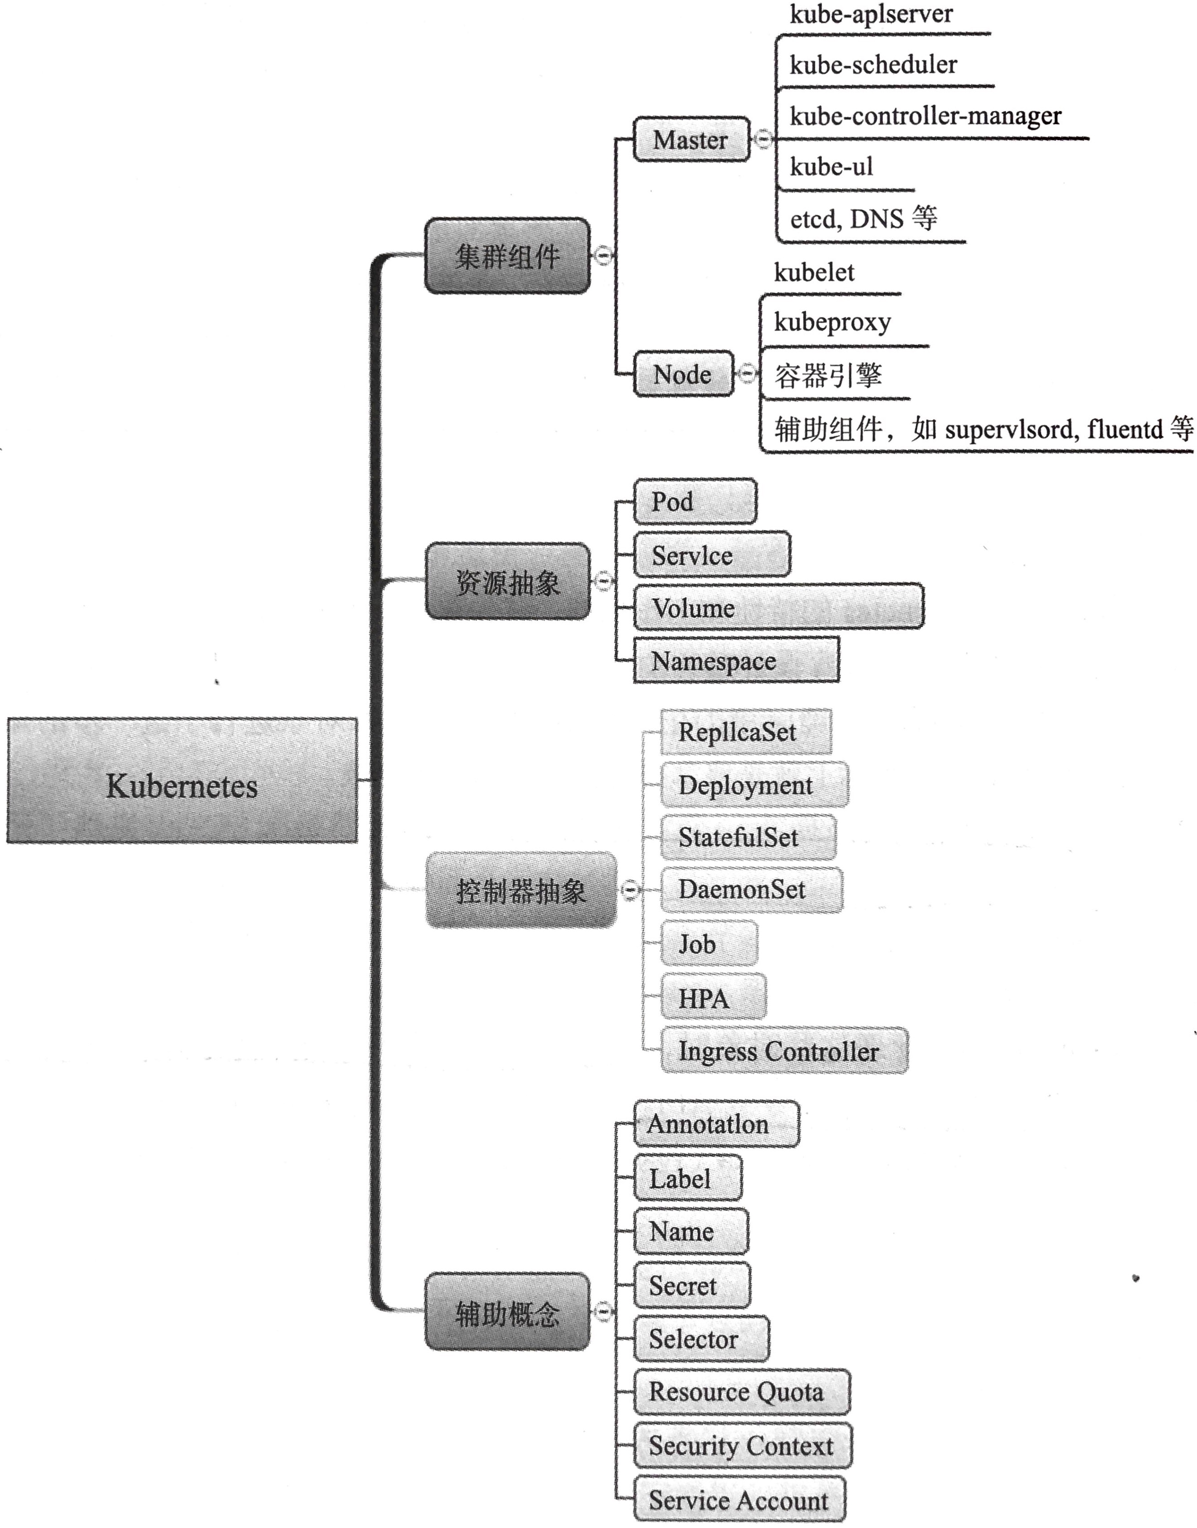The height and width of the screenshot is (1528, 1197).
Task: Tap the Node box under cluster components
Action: click(682, 374)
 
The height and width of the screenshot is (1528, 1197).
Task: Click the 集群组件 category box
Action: click(507, 256)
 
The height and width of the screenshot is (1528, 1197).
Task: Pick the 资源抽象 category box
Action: click(507, 581)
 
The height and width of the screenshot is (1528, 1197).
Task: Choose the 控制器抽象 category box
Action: click(521, 890)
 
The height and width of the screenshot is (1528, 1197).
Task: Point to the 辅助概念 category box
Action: click(507, 1311)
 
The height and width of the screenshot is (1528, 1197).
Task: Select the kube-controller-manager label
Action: click(925, 116)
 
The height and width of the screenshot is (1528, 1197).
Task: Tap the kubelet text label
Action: click(814, 272)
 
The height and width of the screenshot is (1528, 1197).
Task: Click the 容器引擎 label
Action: click(828, 376)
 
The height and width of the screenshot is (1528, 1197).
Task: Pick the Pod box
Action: click(695, 502)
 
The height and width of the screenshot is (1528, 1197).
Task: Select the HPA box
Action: click(713, 997)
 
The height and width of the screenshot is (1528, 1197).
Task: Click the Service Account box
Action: click(739, 1499)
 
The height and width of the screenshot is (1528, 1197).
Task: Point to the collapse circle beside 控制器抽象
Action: click(630, 890)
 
